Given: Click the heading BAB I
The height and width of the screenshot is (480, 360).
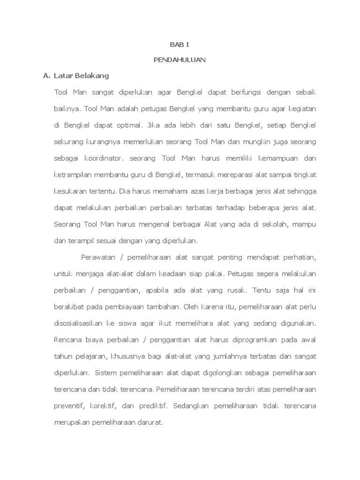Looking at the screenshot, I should pyautogui.click(x=180, y=45).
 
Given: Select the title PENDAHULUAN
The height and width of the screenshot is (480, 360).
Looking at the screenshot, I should pyautogui.click(x=180, y=60).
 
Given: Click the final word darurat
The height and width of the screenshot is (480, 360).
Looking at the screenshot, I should pyautogui.click(x=148, y=421).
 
